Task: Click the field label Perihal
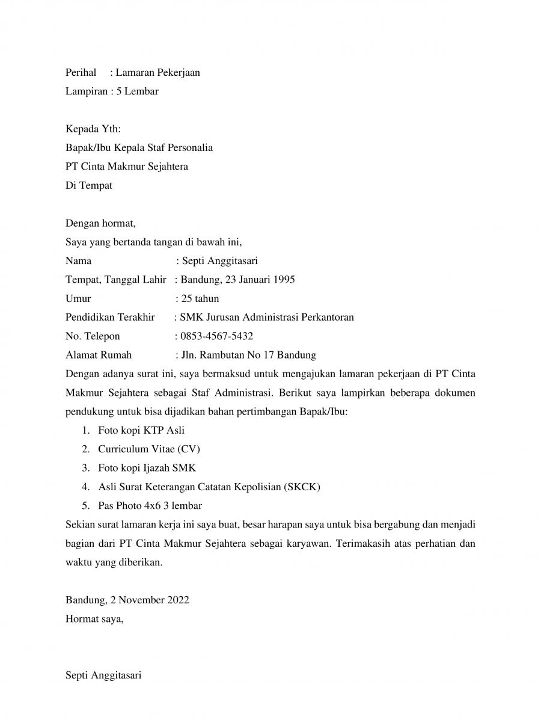(x=81, y=73)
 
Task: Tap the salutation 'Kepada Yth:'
(x=93, y=129)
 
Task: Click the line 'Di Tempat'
(x=88, y=186)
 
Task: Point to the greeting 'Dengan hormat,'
(x=100, y=224)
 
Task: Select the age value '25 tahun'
(x=200, y=298)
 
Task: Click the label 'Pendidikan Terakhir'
(x=110, y=317)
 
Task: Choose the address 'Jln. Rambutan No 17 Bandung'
(x=249, y=355)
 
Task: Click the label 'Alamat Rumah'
(x=99, y=355)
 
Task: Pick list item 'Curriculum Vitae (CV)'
(x=149, y=449)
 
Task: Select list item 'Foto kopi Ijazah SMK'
(x=147, y=468)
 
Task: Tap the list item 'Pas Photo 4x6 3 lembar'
(x=150, y=505)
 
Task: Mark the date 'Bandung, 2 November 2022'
(x=127, y=600)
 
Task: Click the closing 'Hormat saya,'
(x=94, y=618)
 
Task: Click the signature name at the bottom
(x=103, y=675)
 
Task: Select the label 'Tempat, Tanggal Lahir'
(x=115, y=280)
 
